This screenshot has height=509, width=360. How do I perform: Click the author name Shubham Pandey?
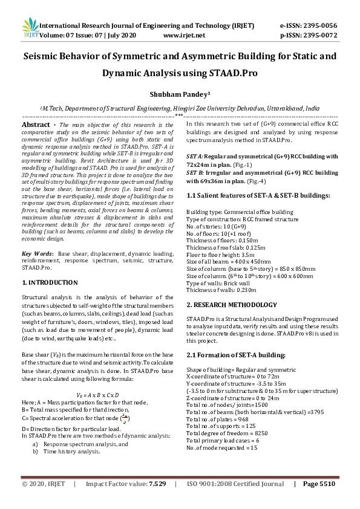click(x=179, y=94)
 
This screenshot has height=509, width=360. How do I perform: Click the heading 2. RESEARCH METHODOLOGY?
click(x=232, y=305)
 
